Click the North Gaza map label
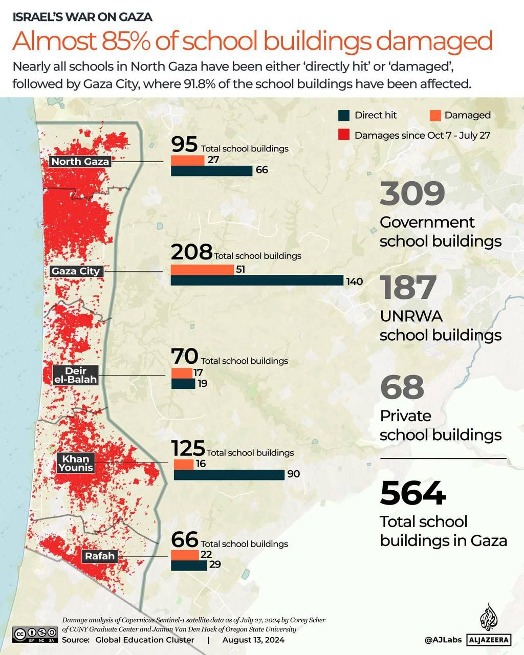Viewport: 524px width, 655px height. pyautogui.click(x=80, y=162)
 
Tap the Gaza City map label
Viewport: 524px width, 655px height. pyautogui.click(x=76, y=271)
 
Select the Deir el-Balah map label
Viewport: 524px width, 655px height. pyautogui.click(x=76, y=375)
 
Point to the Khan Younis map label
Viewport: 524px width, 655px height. pyautogui.click(x=76, y=463)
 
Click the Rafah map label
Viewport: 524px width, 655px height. pyautogui.click(x=100, y=556)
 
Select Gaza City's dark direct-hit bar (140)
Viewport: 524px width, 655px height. pyautogui.click(x=257, y=280)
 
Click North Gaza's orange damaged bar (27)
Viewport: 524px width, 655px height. pyautogui.click(x=188, y=160)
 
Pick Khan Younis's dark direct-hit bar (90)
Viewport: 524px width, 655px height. pyautogui.click(x=229, y=474)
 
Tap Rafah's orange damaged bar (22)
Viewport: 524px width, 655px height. pyautogui.click(x=185, y=555)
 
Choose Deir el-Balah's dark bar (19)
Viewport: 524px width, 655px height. pyautogui.click(x=183, y=383)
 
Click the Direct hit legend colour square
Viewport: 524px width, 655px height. pyautogui.click(x=344, y=115)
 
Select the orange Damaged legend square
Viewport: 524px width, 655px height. pyautogui.click(x=434, y=115)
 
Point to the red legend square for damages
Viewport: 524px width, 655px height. pyautogui.click(x=344, y=135)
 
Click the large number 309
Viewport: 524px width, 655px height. pyautogui.click(x=412, y=194)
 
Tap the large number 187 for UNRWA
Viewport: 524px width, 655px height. pyautogui.click(x=408, y=288)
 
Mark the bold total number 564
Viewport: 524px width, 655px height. pyautogui.click(x=413, y=493)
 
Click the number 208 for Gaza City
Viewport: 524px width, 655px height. pyautogui.click(x=191, y=252)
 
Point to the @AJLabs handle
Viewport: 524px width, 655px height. pyautogui.click(x=443, y=640)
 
